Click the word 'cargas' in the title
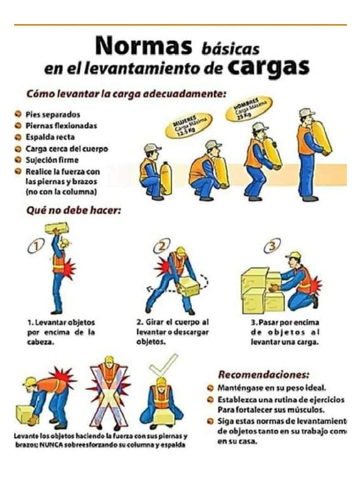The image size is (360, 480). (269, 67)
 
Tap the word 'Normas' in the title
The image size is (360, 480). (143, 46)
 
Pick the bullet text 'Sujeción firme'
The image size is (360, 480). (52, 160)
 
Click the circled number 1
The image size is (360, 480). (35, 246)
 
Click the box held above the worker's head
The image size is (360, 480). (57, 228)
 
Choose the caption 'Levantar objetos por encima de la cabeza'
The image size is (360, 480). (61, 332)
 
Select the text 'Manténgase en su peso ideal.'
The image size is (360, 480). (271, 388)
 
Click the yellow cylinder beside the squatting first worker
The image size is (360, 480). (166, 178)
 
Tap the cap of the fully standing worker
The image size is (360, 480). (307, 112)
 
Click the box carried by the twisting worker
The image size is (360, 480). (188, 285)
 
